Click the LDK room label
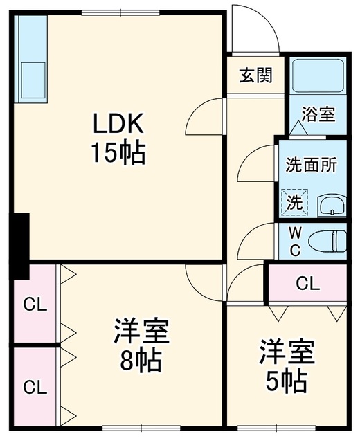(118, 124)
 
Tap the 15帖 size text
(118, 153)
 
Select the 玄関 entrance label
(256, 75)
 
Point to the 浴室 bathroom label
(318, 114)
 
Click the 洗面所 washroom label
(311, 165)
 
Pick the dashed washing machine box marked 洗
(294, 202)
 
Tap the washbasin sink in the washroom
(332, 206)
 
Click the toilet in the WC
(327, 241)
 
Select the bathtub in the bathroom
(318, 75)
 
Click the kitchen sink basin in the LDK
(33, 80)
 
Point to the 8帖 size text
(141, 361)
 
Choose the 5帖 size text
(287, 382)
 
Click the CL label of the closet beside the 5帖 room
(307, 283)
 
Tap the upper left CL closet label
(35, 305)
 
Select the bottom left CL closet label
(35, 387)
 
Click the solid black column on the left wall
(20, 246)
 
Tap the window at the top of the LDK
(120, 12)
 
